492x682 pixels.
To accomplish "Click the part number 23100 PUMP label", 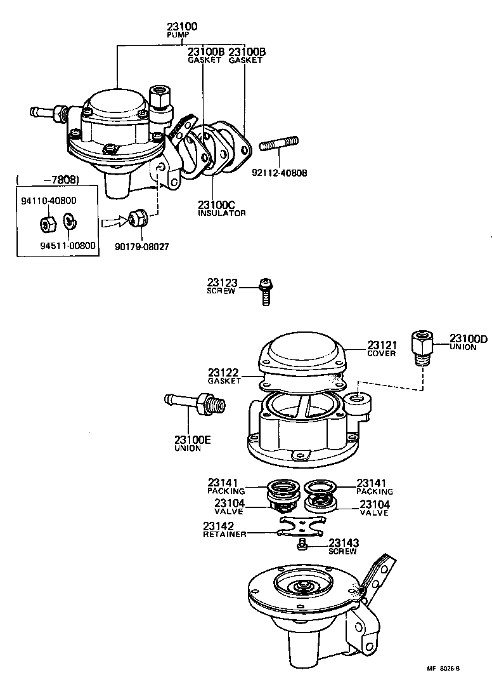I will click(x=182, y=30).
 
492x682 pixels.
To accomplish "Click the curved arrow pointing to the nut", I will click(x=113, y=222).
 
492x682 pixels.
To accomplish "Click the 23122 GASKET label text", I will click(x=224, y=376).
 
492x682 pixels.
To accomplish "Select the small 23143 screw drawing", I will click(x=303, y=544).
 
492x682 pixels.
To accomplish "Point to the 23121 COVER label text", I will click(x=381, y=349).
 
